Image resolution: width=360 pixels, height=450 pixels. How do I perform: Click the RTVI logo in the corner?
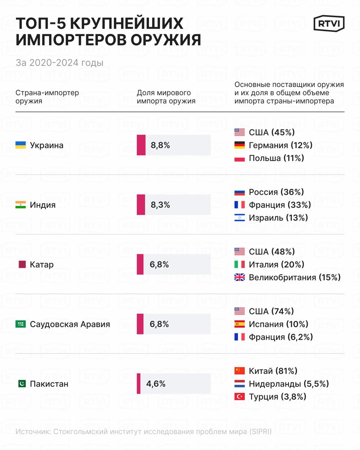(329, 24)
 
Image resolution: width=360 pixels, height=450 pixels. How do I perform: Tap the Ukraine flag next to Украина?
(21, 145)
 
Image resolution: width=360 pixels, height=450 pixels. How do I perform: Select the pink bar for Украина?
(141, 145)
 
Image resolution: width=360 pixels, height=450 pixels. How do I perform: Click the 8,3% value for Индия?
(160, 205)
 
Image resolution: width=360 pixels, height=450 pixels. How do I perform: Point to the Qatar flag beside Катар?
(22, 264)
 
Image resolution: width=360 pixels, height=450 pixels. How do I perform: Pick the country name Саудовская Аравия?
(70, 324)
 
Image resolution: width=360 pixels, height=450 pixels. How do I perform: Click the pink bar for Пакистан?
(139, 384)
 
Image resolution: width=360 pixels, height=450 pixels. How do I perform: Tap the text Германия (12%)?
(281, 145)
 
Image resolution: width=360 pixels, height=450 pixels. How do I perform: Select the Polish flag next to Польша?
(239, 158)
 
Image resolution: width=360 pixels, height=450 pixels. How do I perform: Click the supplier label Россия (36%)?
(276, 192)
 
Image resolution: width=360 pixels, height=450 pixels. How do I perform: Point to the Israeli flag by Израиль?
(239, 218)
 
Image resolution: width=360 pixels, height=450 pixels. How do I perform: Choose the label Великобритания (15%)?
(295, 277)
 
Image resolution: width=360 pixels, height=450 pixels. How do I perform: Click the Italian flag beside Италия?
(239, 264)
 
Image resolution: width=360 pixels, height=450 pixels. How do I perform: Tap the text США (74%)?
(271, 311)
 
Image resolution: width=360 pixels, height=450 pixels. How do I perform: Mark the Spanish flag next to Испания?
(239, 324)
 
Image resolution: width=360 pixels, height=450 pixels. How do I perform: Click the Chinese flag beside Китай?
(239, 371)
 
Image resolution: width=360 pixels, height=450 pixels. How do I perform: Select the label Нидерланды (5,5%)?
(289, 384)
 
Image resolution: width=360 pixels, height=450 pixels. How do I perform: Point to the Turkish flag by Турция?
(239, 397)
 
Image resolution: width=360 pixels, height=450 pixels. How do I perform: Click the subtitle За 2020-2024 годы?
(59, 63)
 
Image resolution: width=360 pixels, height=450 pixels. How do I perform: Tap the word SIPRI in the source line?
(261, 432)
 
